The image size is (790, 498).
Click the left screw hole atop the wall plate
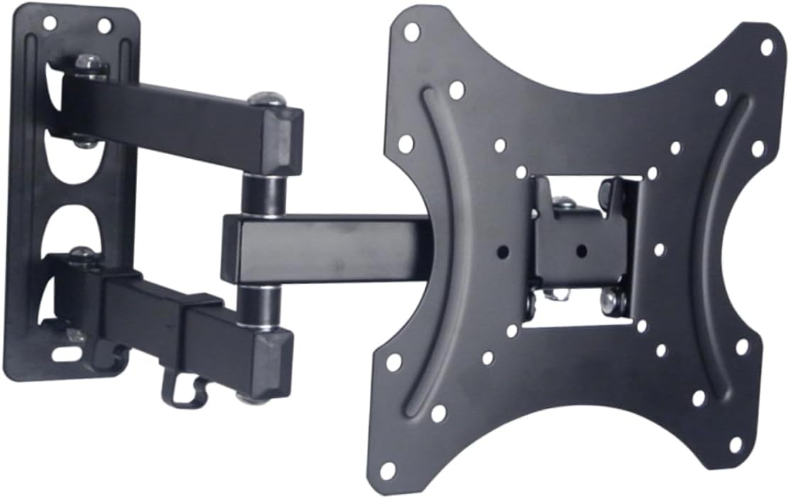pos(49,23)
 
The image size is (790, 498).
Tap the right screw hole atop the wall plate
pos(104,26)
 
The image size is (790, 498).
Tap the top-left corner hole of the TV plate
pos(412,30)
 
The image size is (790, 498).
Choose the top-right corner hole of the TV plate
pos(767,47)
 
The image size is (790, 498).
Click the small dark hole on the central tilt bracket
pos(581,250)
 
